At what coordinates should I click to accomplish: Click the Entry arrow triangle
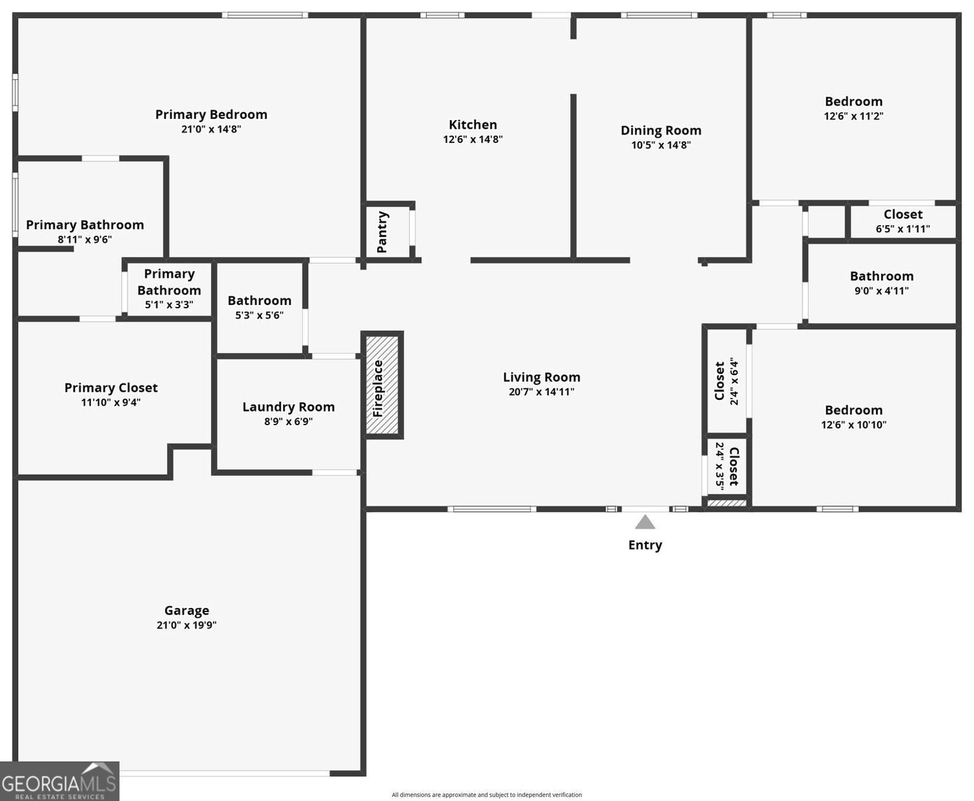tap(644, 521)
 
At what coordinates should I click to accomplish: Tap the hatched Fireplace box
tap(383, 385)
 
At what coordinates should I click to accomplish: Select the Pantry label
tap(383, 232)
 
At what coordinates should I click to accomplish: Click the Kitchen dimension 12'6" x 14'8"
tap(473, 140)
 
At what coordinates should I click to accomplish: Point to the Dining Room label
tap(661, 130)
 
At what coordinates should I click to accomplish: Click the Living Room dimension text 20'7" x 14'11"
tap(541, 392)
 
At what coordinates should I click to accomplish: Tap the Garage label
tap(187, 610)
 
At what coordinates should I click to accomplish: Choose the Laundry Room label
tap(288, 407)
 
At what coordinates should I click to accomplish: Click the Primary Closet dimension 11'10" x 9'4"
tap(111, 403)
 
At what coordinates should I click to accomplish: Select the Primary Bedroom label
tap(211, 114)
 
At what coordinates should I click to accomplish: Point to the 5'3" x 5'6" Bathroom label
tap(260, 300)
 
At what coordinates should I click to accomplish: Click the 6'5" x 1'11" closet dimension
tap(903, 229)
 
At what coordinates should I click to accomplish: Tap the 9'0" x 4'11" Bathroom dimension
tap(881, 290)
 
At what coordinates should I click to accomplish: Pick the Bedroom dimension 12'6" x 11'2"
tap(854, 116)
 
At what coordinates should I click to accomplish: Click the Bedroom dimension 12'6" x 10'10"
tap(854, 425)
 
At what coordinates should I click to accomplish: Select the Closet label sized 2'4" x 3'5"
tap(734, 467)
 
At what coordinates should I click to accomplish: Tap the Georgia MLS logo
tap(59, 781)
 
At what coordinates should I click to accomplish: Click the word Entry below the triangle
tap(645, 545)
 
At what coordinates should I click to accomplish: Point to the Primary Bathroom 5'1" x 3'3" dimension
tap(169, 304)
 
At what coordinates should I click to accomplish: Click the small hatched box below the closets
tap(726, 503)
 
